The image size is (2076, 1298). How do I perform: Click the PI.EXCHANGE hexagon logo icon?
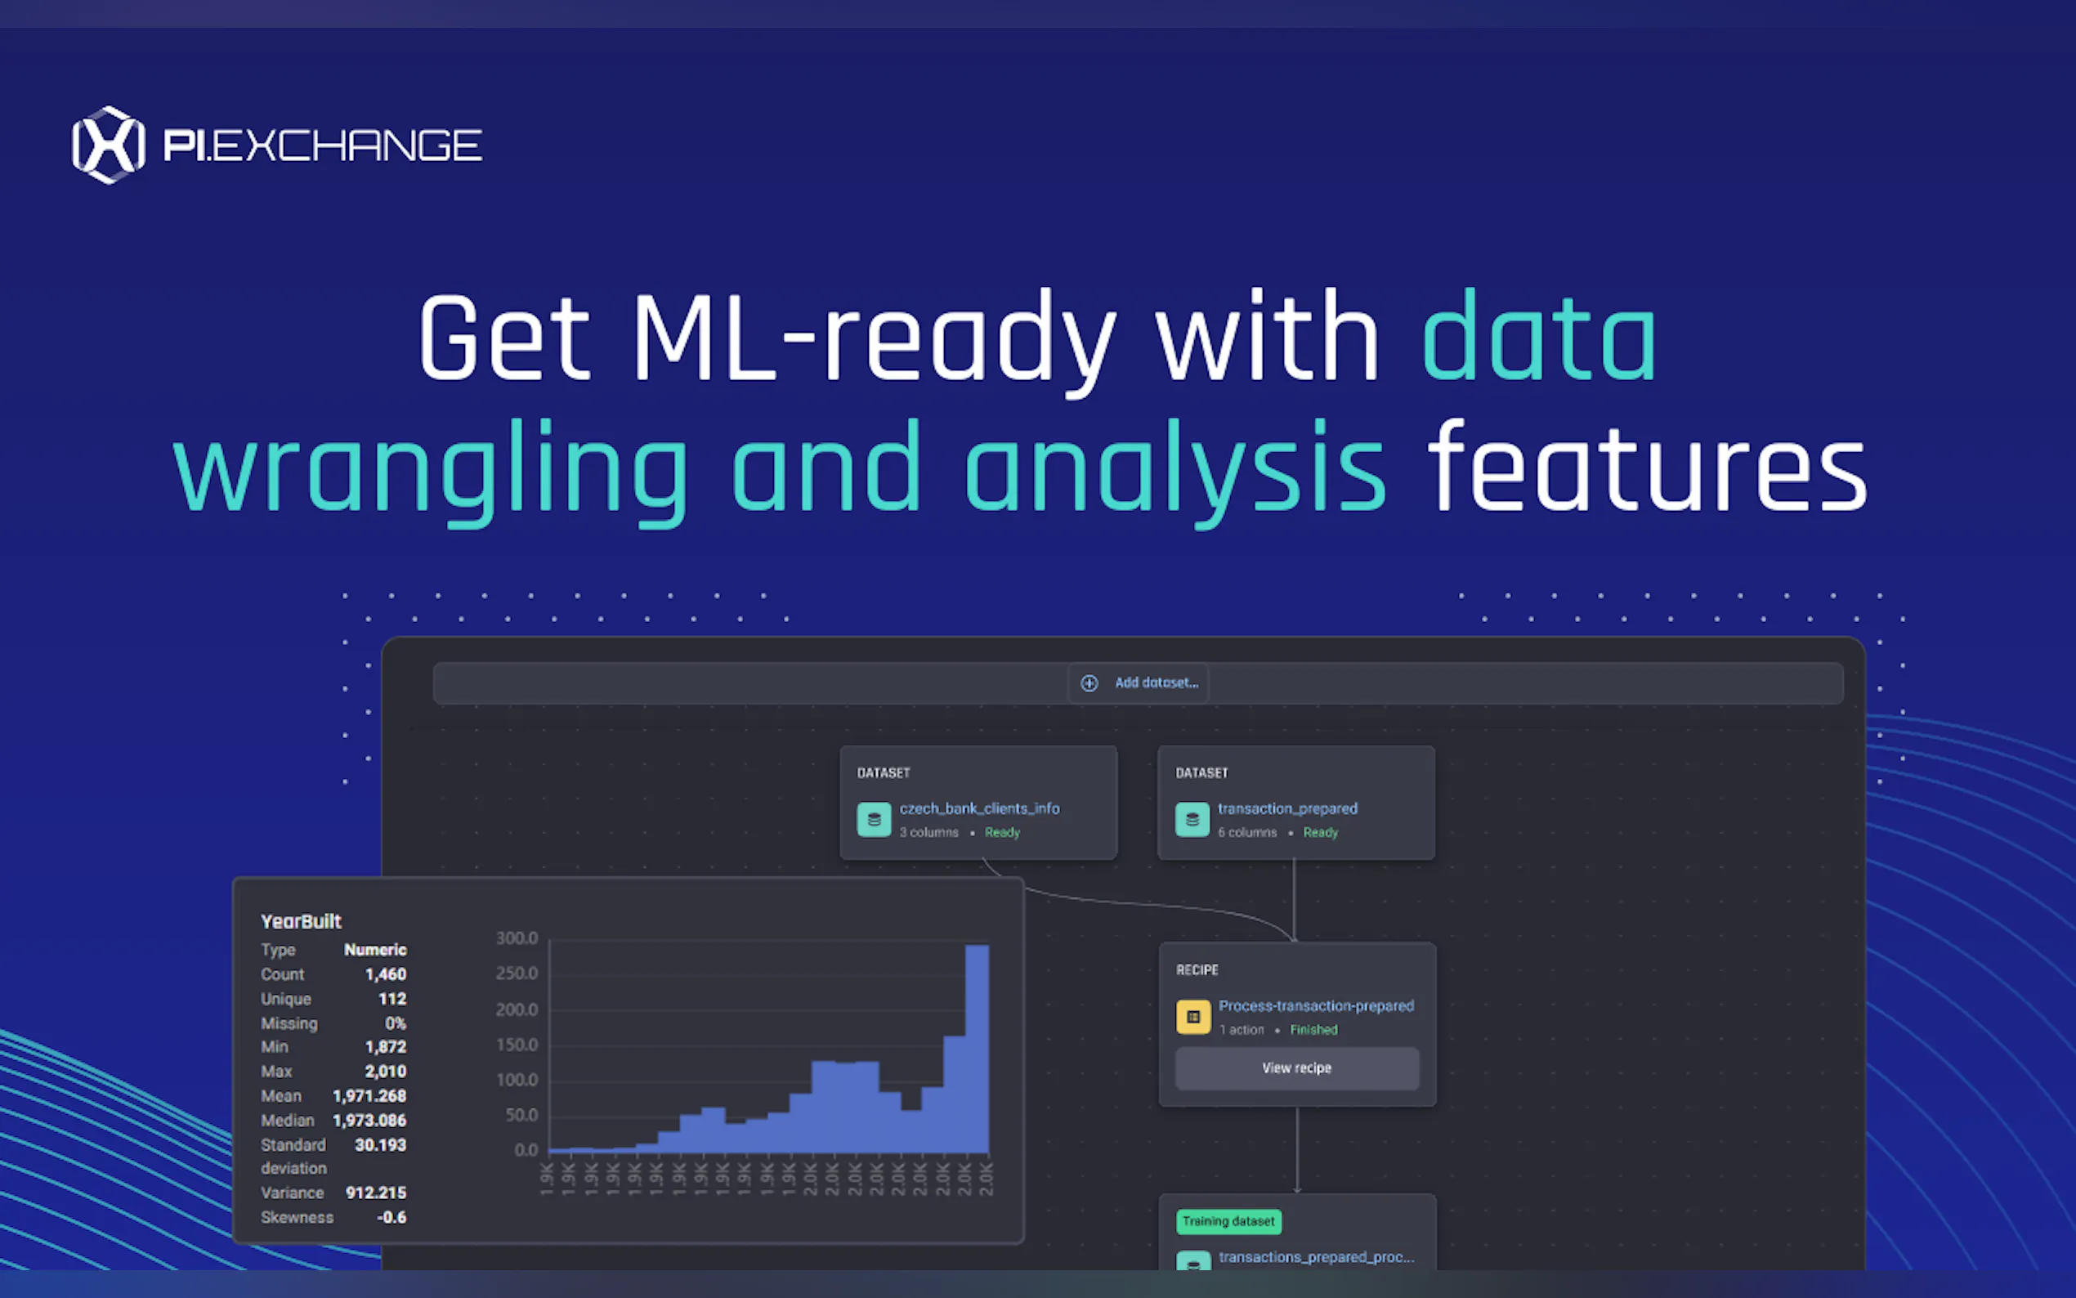click(x=108, y=144)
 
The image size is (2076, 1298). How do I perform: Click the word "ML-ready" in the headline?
click(x=875, y=338)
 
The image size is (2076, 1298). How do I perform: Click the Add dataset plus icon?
click(x=1089, y=683)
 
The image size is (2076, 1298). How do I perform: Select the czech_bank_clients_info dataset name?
click(x=979, y=808)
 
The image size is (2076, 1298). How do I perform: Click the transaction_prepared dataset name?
click(x=1287, y=808)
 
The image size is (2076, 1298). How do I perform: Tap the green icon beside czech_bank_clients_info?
click(x=874, y=820)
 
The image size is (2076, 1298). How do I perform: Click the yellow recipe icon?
click(x=1193, y=1018)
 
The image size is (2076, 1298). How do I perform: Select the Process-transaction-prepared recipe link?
click(x=1316, y=1005)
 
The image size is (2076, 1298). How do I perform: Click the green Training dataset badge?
click(x=1228, y=1222)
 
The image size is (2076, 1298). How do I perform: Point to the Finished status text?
click(x=1313, y=1030)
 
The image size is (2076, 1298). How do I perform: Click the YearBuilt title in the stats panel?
click(x=302, y=922)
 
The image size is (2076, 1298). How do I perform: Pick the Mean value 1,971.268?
click(x=369, y=1096)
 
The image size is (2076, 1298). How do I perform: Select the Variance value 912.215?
click(x=376, y=1193)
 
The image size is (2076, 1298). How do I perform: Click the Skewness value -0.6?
click(x=391, y=1217)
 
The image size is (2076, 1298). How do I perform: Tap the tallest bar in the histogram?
click(x=977, y=1048)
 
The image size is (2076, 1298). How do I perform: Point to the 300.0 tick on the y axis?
click(x=517, y=938)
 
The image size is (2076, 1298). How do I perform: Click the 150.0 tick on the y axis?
click(x=517, y=1045)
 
